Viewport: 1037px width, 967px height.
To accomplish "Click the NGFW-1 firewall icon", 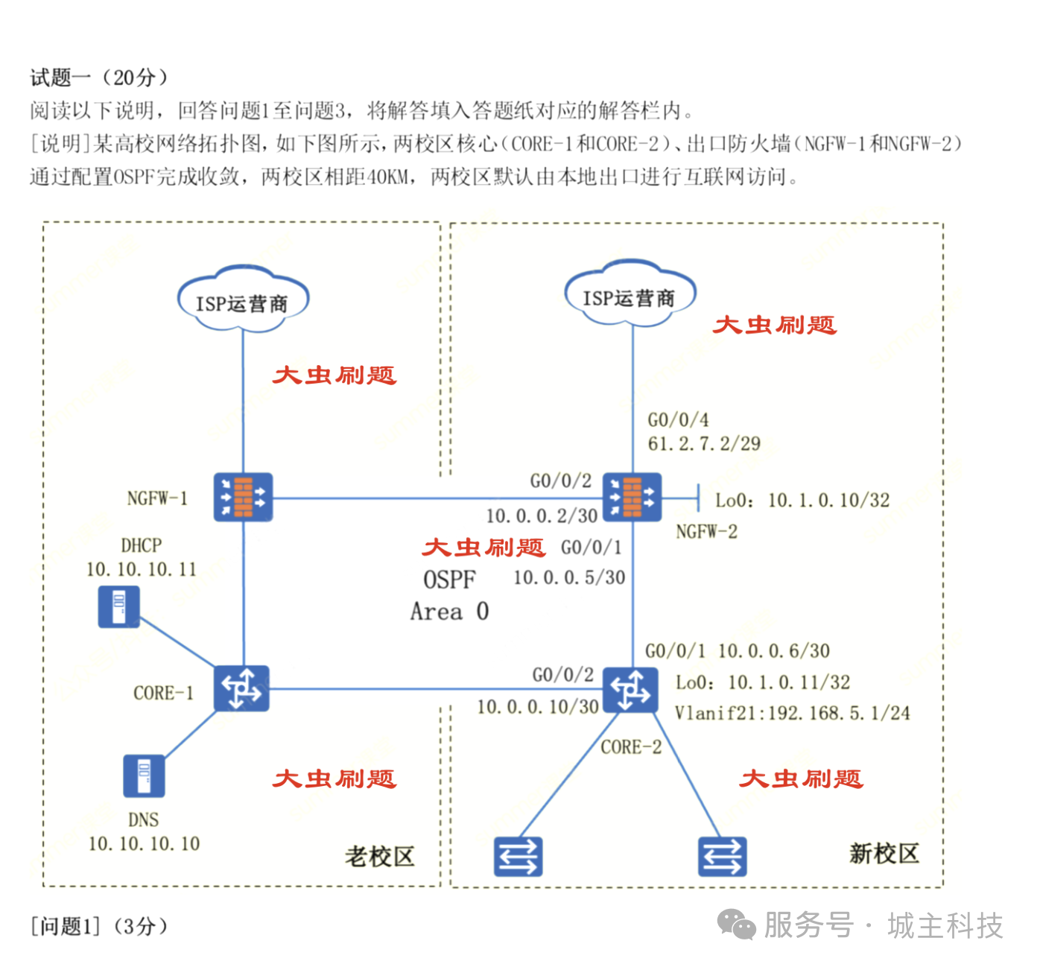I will coord(243,496).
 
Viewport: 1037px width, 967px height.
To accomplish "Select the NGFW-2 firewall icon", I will coord(632,496).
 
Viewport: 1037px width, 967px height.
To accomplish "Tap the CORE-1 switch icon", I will coord(241,688).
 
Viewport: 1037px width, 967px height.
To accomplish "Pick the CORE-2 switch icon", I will coord(630,690).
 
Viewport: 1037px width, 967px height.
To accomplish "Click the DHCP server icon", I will coord(118,607).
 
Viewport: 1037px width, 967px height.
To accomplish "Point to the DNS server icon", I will coord(143,776).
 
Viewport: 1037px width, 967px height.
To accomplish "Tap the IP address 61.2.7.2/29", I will coord(704,444).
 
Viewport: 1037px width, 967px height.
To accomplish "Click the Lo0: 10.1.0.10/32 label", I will coord(802,501).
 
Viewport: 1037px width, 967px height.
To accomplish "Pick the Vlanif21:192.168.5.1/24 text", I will coord(792,714).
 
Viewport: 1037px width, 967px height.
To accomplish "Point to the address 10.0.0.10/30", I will coord(538,707).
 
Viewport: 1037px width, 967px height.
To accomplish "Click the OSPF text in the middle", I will coord(449,580).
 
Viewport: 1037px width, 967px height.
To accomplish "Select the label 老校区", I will coord(378,857).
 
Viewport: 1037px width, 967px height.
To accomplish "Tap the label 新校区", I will coord(884,854).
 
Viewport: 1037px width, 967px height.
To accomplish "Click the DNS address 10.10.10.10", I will coord(144,844).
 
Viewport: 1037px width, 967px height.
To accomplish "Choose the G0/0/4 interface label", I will coord(678,420).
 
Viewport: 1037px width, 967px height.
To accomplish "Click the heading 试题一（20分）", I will coord(98,77).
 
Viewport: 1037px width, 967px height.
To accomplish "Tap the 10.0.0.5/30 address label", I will coord(569,578).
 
